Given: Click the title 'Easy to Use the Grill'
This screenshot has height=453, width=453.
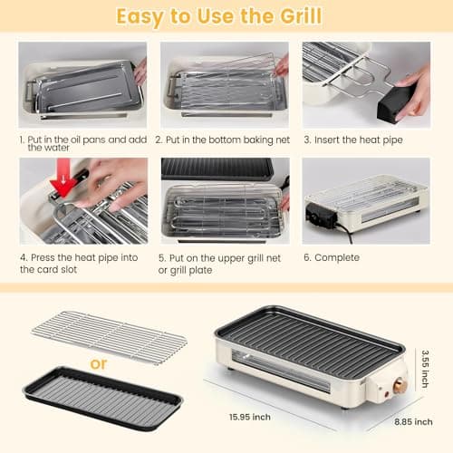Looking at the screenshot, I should [x=226, y=16].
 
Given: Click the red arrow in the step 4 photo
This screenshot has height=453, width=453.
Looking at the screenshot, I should [x=63, y=184].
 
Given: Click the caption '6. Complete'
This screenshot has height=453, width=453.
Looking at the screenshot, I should [x=332, y=257].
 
